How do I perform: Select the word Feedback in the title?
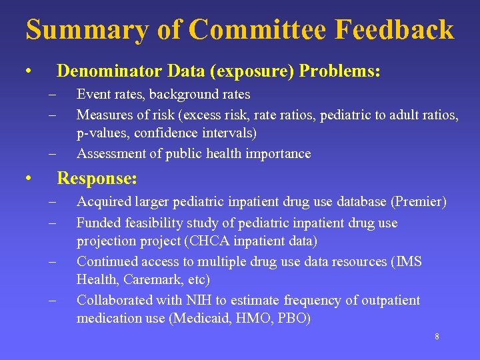coord(395,30)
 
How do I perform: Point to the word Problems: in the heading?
coord(340,71)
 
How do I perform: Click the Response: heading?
coord(97,179)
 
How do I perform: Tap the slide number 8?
coord(437,337)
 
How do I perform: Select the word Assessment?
coord(109,153)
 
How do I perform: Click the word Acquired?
coord(104,201)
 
